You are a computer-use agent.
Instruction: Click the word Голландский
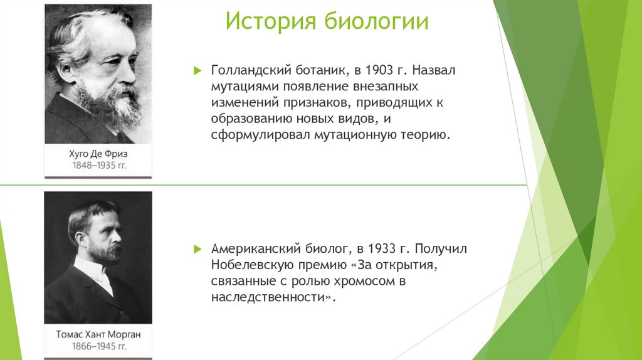246,70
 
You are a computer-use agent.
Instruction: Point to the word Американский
250,250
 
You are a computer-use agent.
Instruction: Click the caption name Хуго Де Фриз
98,154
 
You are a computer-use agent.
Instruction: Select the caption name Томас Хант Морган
98,334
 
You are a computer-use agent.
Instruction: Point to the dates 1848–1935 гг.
98,166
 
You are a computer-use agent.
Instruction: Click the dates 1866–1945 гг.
98,346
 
